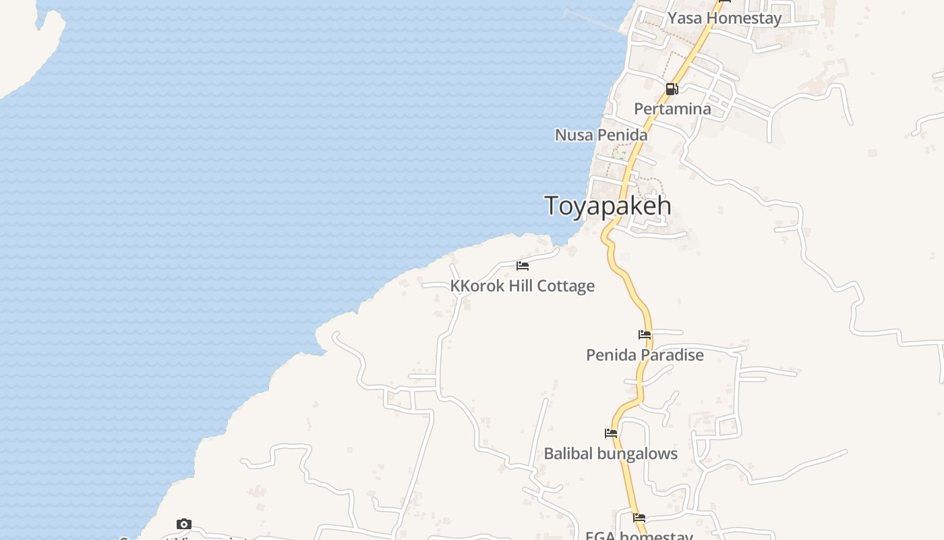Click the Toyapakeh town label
tap(608, 206)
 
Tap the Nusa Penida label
tap(601, 135)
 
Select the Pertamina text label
tap(672, 109)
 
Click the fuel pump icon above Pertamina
tap(672, 89)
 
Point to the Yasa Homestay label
tap(724, 18)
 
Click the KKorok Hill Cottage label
tap(522, 286)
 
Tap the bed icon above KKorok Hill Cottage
tap(523, 266)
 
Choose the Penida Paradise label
tap(645, 355)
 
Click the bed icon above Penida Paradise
tap(645, 335)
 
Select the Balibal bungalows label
tap(610, 454)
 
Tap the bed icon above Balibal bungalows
tap(611, 433)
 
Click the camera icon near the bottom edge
tap(184, 524)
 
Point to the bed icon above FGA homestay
tap(639, 518)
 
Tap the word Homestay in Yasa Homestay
tap(744, 18)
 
